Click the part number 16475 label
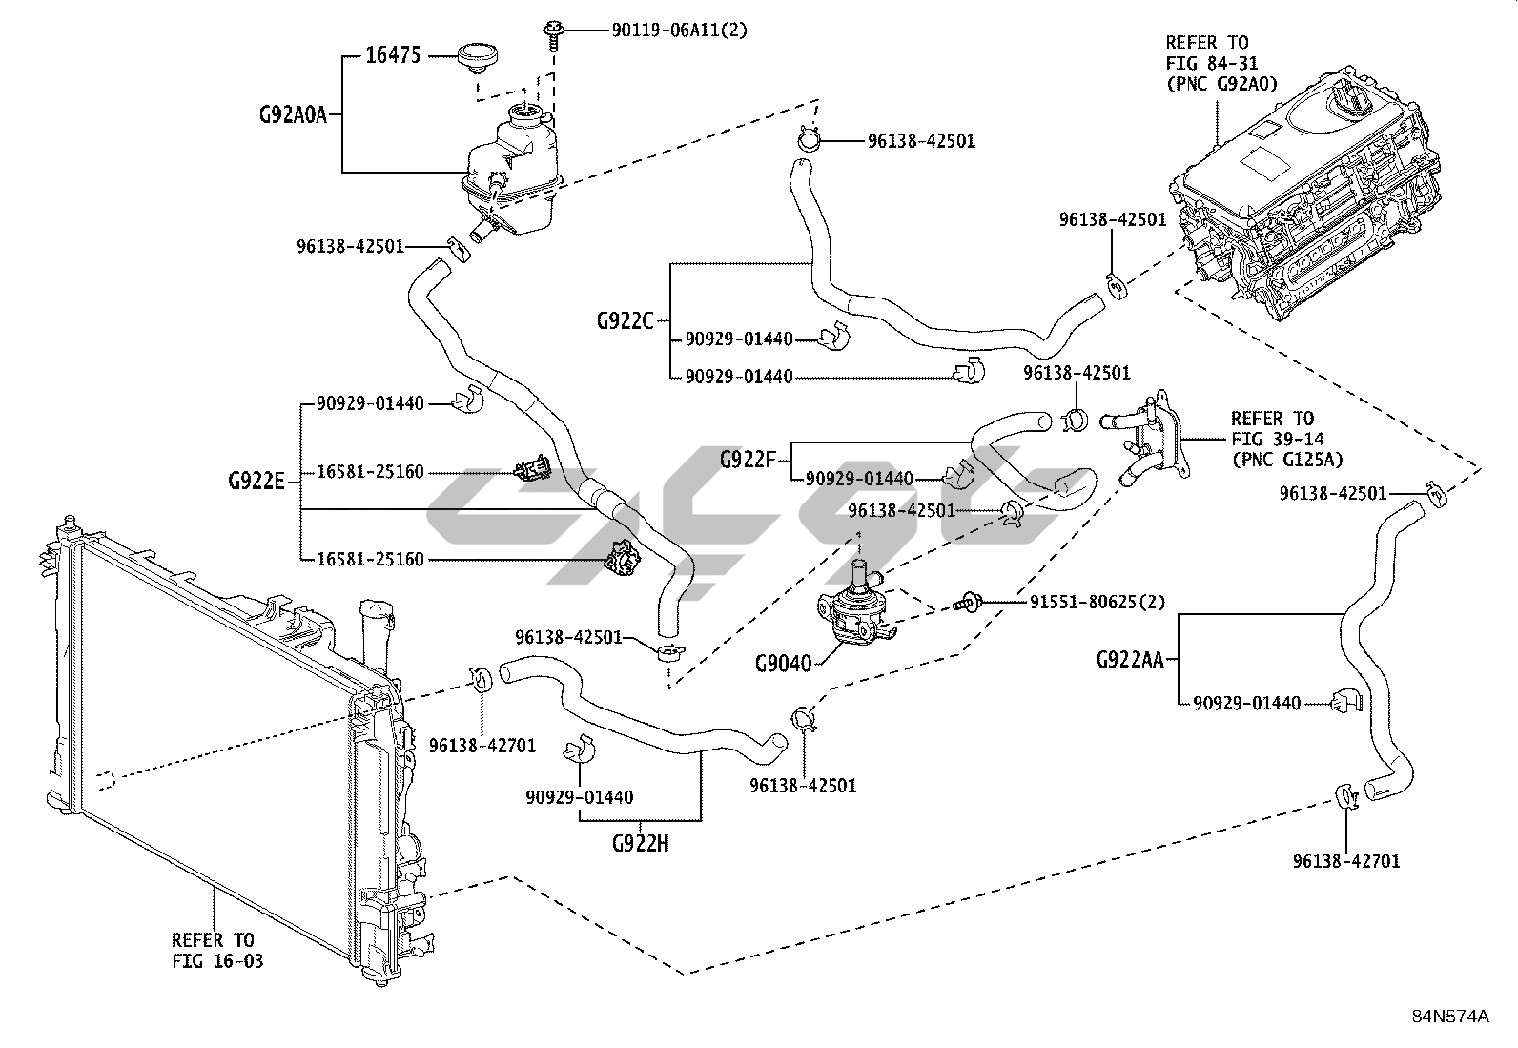[393, 55]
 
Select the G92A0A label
[294, 115]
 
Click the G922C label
[626, 320]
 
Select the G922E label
[256, 481]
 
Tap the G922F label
[749, 460]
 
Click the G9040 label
[783, 663]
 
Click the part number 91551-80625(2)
[1097, 603]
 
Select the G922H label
[640, 843]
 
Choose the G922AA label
[1130, 659]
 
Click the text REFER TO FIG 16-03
[217, 950]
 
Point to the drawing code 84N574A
[1449, 1016]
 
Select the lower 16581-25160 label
[370, 559]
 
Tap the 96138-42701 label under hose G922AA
[1346, 861]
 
